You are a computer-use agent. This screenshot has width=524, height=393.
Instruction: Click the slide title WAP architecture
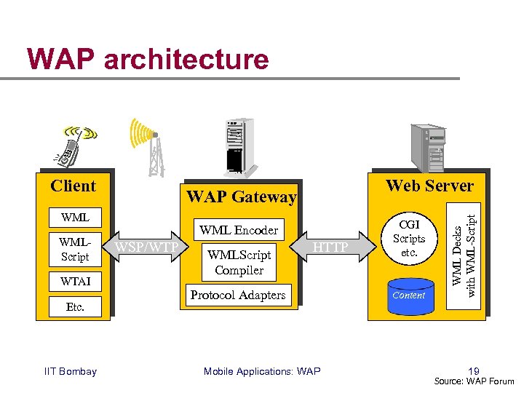point(147,59)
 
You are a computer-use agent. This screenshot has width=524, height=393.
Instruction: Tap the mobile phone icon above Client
point(75,145)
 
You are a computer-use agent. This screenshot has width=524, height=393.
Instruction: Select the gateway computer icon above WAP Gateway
point(237,146)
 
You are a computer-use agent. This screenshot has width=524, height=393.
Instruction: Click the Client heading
point(73,186)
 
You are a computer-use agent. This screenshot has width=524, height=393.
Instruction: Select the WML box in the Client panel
point(75,217)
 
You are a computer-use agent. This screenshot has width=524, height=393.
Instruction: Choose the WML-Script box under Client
point(75,249)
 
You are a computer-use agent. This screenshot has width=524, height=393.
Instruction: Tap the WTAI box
point(75,280)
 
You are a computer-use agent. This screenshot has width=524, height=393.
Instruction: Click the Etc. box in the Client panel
point(75,306)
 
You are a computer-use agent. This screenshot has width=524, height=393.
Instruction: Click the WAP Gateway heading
point(241,196)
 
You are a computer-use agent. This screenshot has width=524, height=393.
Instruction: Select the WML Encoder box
point(239,230)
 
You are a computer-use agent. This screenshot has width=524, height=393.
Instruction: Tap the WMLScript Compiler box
point(239,263)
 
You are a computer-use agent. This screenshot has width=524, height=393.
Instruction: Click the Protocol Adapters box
point(238,295)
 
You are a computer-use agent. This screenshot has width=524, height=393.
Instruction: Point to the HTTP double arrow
point(332,247)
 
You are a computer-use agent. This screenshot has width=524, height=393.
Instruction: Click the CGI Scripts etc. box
point(409,239)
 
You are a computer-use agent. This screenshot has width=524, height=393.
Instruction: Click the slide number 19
point(474,370)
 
